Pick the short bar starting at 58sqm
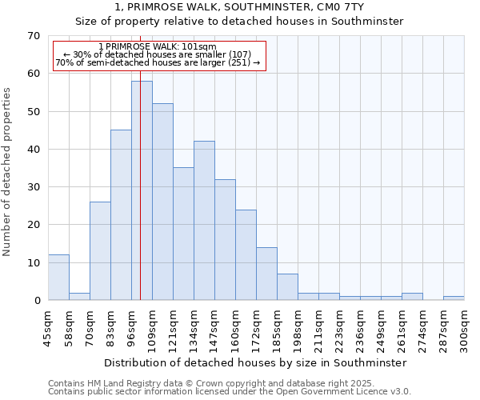[x=79, y=296]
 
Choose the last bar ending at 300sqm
[x=454, y=298]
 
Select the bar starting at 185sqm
[x=287, y=287]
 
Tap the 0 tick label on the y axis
[x=36, y=301]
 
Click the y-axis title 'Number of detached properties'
[x=7, y=172]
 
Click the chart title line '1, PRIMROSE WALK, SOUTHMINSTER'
[x=239, y=7]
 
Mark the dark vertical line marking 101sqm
[x=140, y=176]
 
